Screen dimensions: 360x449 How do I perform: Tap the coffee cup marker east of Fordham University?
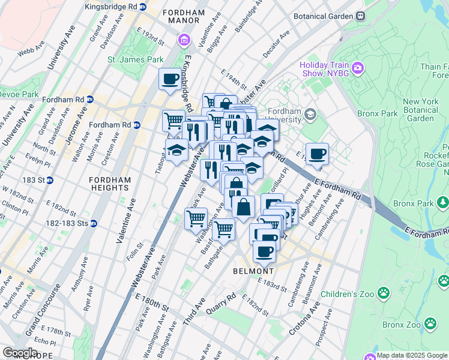click(317, 154)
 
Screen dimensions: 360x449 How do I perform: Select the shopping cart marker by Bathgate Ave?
click(224, 229)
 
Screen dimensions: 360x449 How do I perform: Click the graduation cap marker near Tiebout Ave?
click(176, 150)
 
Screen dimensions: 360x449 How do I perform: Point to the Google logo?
click(20, 353)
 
